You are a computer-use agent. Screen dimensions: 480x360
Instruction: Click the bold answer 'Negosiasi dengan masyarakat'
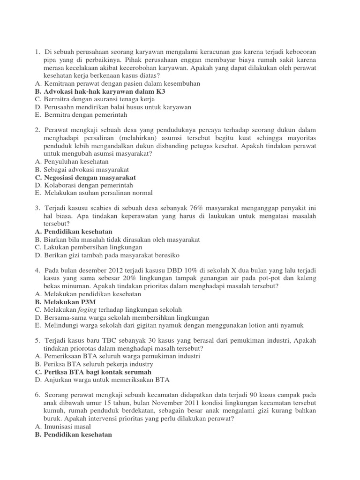click(90, 177)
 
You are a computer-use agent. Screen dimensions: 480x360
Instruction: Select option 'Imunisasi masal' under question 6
click(68, 427)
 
